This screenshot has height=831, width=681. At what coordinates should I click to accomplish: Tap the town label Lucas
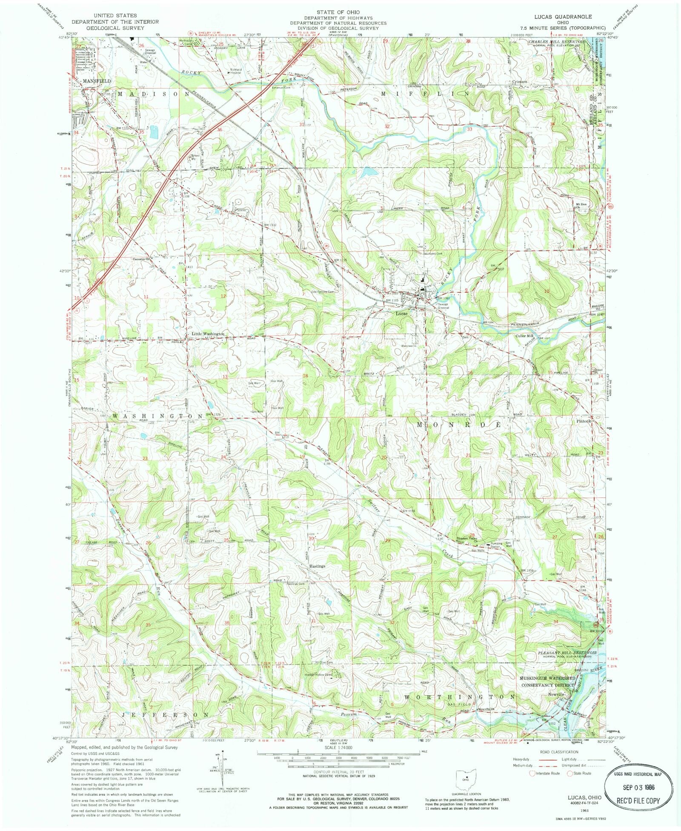click(401, 314)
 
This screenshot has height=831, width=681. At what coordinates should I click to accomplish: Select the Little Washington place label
click(207, 334)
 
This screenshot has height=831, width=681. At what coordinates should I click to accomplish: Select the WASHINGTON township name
click(157, 415)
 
